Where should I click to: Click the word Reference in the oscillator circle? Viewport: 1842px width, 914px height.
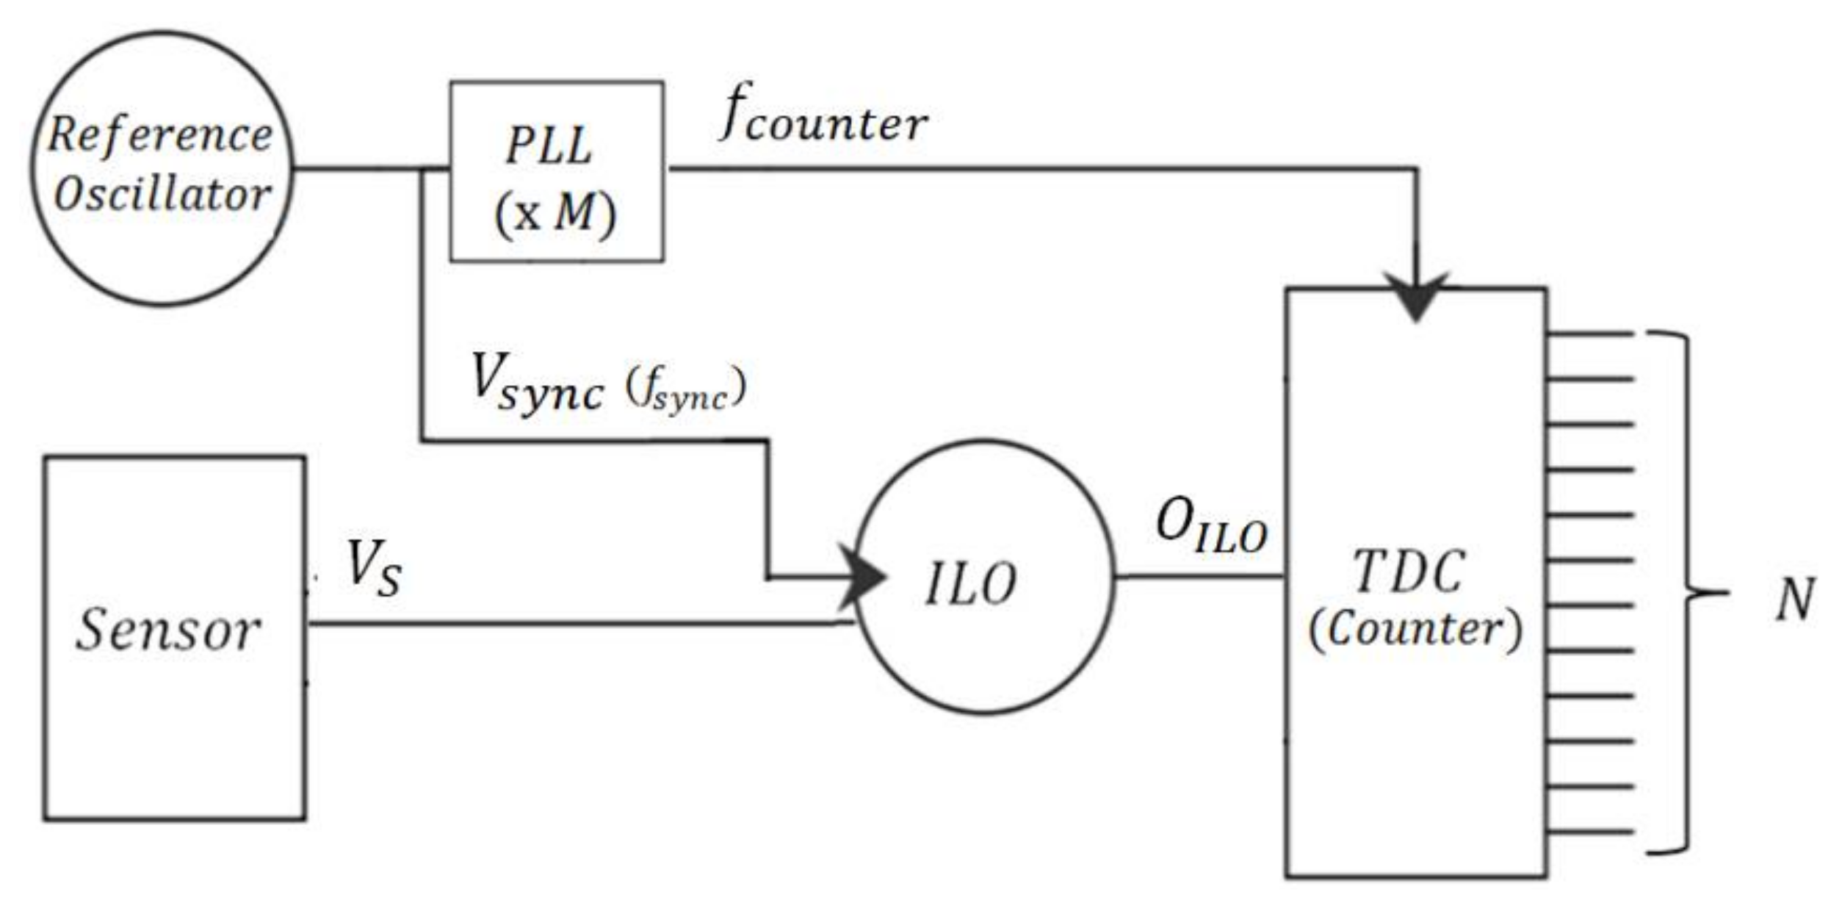pyautogui.click(x=160, y=137)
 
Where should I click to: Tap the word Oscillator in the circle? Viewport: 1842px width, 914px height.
pyautogui.click(x=162, y=195)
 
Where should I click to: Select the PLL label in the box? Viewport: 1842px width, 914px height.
pyautogui.click(x=549, y=145)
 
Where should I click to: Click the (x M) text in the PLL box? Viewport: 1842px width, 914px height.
pyautogui.click(x=555, y=215)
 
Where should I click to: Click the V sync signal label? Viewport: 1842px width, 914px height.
pyautogui.click(x=537, y=381)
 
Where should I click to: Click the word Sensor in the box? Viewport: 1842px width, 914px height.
pyautogui.click(x=168, y=630)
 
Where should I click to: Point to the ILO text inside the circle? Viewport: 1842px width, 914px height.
pyautogui.click(x=970, y=584)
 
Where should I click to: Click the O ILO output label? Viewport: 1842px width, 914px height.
pyautogui.click(x=1211, y=529)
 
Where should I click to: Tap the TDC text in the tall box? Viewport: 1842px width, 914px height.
pyautogui.click(x=1409, y=572)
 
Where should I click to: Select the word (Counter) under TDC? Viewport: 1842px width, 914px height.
pyautogui.click(x=1415, y=630)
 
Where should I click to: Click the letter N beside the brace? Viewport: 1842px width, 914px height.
pyautogui.click(x=1795, y=599)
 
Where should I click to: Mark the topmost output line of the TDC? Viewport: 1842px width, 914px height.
pyautogui.click(x=1590, y=334)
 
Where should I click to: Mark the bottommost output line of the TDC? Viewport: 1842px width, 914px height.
pyautogui.click(x=1590, y=833)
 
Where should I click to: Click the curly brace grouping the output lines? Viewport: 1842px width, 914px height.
pyautogui.click(x=1688, y=592)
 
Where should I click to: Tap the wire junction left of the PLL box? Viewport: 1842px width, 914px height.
pyautogui.click(x=422, y=170)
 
